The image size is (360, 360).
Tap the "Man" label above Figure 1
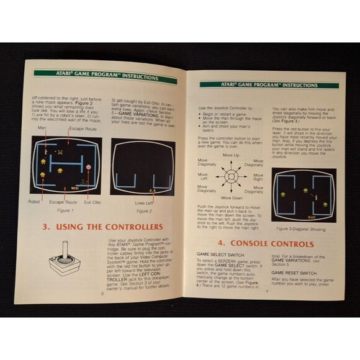point(41,128)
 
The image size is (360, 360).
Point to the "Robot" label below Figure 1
point(34,201)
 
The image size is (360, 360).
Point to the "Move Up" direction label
point(230,155)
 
